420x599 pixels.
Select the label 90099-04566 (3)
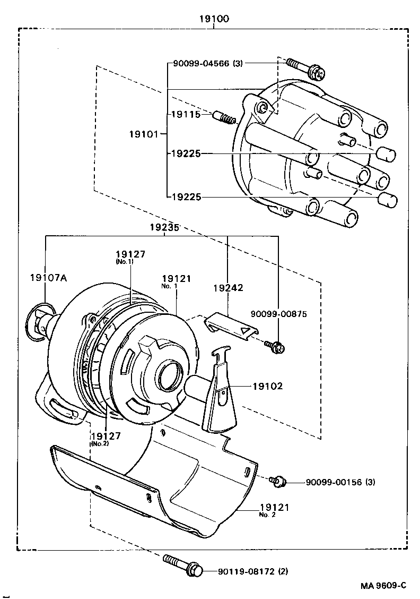(x=207, y=63)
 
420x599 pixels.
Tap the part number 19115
(x=185, y=114)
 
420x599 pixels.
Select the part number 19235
(x=164, y=227)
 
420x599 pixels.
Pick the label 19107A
(x=48, y=277)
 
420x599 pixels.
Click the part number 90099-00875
(x=278, y=314)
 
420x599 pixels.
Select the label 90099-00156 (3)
(x=340, y=482)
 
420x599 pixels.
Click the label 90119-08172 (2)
(x=253, y=571)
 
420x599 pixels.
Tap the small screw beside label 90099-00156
(x=278, y=482)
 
